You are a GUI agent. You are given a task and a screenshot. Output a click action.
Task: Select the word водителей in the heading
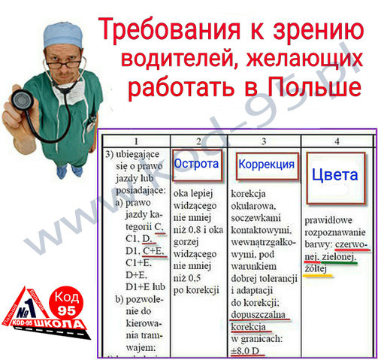pyautogui.click(x=180, y=59)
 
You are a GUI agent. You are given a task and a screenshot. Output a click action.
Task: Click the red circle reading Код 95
pyautogui.click(x=66, y=301)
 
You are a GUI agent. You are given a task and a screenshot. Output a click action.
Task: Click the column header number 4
pyautogui.click(x=336, y=141)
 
